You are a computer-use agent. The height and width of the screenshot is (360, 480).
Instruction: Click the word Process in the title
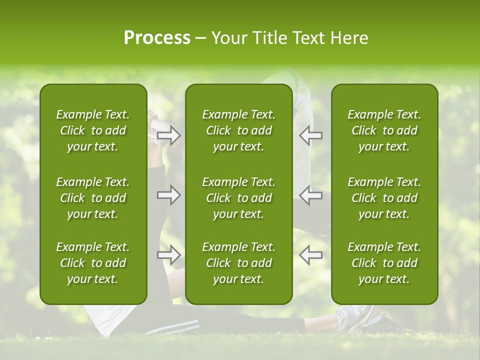coord(157,38)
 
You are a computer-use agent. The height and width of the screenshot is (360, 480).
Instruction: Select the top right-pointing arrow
coord(169,135)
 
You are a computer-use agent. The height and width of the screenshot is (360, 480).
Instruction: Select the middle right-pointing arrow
coord(169,195)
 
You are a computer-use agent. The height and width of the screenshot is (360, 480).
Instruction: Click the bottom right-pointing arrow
coord(169,255)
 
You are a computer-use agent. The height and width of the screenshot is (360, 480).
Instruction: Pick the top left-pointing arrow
coord(311,135)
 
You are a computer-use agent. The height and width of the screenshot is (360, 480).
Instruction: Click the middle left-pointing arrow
coord(311,195)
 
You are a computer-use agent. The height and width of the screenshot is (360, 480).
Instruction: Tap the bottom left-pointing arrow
coord(311,255)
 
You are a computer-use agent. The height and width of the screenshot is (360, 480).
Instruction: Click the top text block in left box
coord(93,130)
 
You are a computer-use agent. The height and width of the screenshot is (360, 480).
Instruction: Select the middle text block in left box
coord(93,198)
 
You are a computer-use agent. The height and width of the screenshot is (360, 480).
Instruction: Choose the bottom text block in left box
coord(93,263)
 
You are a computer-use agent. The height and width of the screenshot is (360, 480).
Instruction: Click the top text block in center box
coord(238,130)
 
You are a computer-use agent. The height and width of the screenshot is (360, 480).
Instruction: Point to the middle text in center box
coord(238,198)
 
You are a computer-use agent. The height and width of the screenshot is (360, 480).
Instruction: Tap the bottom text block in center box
coord(238,263)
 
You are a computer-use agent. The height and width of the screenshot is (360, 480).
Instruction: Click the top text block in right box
coord(384,130)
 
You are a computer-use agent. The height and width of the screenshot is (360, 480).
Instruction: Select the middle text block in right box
coord(384,198)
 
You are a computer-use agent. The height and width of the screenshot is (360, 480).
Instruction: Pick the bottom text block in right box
coord(384,263)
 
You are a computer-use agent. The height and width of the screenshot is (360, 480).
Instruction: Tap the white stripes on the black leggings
coord(172,328)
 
